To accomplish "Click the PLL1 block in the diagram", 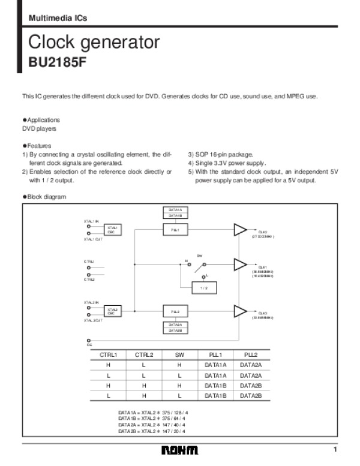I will click(x=175, y=230).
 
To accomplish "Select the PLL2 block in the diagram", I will click(x=175, y=312).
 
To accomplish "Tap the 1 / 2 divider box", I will click(x=204, y=288).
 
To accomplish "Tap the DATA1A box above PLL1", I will click(x=175, y=210).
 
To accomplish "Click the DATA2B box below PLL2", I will click(x=175, y=330).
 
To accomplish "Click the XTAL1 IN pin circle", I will click(x=89, y=227).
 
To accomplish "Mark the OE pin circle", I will click(x=89, y=340).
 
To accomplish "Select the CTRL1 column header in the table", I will click(x=109, y=354).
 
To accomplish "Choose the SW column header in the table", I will click(x=179, y=354).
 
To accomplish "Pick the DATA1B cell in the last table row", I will click(x=215, y=395).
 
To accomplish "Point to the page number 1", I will click(x=336, y=450).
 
